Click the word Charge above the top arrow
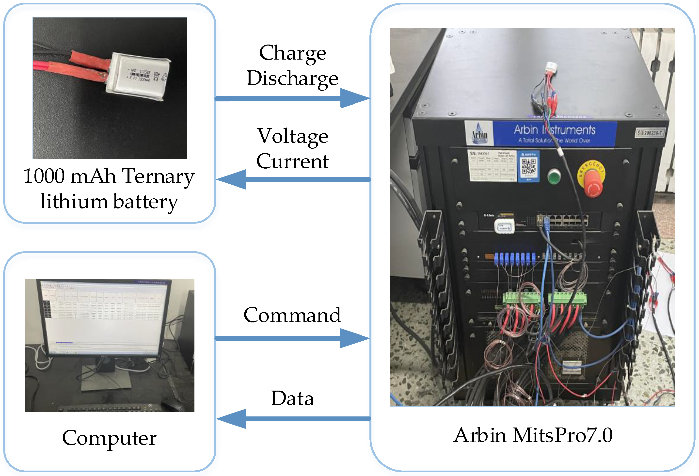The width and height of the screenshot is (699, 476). click(292, 53)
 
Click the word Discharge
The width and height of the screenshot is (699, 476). click(292, 78)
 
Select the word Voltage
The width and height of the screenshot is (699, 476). click(292, 136)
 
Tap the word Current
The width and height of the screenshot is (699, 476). click(292, 161)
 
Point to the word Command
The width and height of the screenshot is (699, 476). click(292, 315)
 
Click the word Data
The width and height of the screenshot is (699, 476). click(292, 398)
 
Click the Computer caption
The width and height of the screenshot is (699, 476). click(109, 438)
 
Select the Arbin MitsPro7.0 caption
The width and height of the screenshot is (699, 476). click(533, 435)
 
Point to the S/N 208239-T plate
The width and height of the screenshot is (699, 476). click(650, 133)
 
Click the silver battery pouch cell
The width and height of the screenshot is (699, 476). click(138, 77)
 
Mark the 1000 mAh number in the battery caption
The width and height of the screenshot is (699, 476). click(44, 176)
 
